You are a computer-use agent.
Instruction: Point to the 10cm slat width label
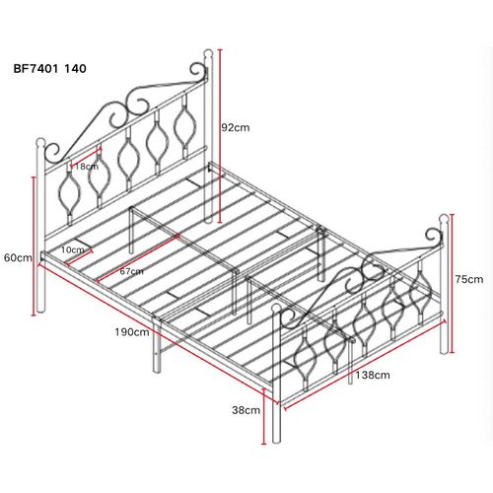(x=70, y=250)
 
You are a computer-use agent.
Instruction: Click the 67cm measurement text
(x=131, y=269)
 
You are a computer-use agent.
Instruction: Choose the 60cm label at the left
(x=17, y=258)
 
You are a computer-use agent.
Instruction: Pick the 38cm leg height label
(x=246, y=409)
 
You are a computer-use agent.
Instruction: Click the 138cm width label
(x=373, y=375)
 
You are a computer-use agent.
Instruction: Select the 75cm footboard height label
(x=469, y=279)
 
